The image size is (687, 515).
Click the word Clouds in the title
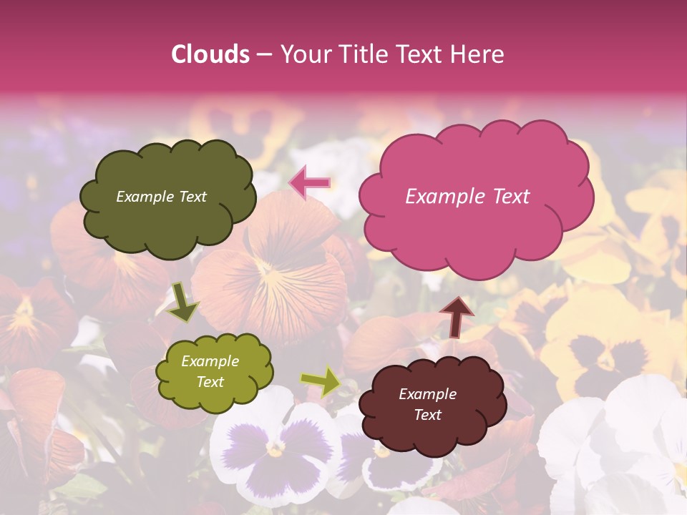click(x=210, y=54)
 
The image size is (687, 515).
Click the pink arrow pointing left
click(x=309, y=182)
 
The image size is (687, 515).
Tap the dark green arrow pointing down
click(x=182, y=301)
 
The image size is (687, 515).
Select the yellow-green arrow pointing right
click(x=321, y=382)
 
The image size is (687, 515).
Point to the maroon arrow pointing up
click(x=457, y=315)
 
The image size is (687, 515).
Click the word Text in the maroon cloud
click(x=428, y=415)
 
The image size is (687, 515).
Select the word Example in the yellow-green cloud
click(x=210, y=361)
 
